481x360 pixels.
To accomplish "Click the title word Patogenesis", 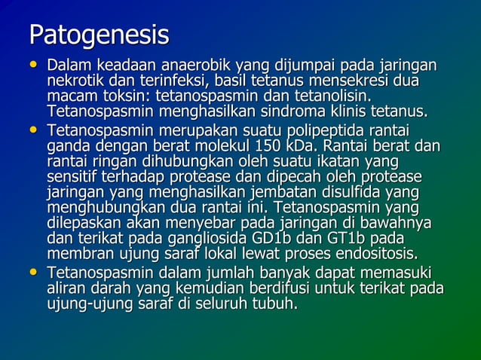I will pyautogui.click(x=98, y=35).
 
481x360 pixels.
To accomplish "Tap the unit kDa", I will pyautogui.click(x=311, y=145).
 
